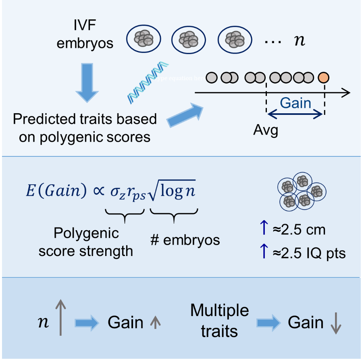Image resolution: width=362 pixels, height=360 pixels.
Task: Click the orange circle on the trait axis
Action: [x=323, y=77]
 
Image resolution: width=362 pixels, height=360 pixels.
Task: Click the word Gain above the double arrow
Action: [x=295, y=103]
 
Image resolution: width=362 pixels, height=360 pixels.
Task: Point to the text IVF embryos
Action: [x=85, y=35]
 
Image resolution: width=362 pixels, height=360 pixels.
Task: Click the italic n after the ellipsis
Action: [x=299, y=41]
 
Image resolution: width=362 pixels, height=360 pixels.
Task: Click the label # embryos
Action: [x=185, y=240]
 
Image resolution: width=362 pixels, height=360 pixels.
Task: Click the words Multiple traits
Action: [x=219, y=321]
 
